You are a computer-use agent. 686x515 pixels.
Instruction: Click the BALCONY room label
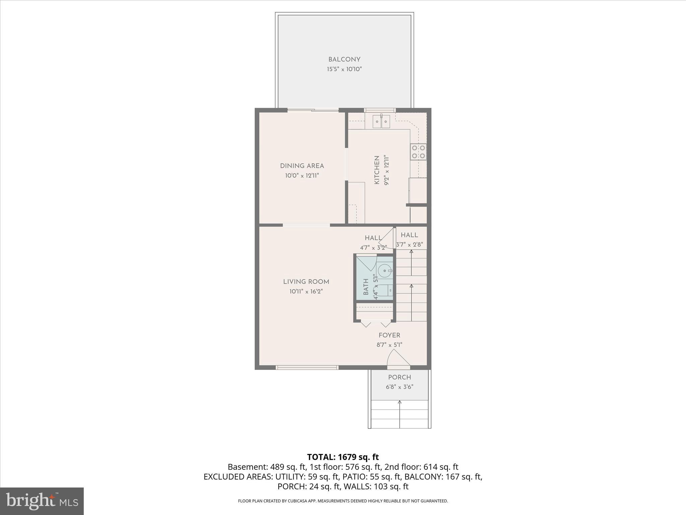click(344, 60)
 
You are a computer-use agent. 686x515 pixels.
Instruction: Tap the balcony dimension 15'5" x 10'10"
click(344, 69)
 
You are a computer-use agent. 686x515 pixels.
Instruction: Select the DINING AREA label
click(302, 166)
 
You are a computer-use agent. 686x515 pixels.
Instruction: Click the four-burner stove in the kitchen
click(418, 152)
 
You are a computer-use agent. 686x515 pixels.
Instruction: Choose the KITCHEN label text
click(377, 170)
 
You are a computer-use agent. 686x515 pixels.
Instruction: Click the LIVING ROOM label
click(306, 282)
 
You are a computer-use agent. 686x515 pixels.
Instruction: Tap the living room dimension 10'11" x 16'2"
click(306, 292)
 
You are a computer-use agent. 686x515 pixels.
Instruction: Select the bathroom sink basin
click(385, 270)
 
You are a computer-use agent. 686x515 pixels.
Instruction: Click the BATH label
click(366, 287)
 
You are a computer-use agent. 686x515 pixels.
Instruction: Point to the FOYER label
click(389, 335)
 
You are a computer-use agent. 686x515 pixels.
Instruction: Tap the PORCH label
click(399, 377)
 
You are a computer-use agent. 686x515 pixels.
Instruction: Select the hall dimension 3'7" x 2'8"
click(409, 245)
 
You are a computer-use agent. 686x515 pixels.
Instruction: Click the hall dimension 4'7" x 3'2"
click(373, 248)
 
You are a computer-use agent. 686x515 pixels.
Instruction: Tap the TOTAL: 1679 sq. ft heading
click(343, 457)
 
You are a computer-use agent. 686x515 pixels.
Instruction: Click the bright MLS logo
click(42, 501)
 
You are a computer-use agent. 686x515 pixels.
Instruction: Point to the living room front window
click(307, 367)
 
